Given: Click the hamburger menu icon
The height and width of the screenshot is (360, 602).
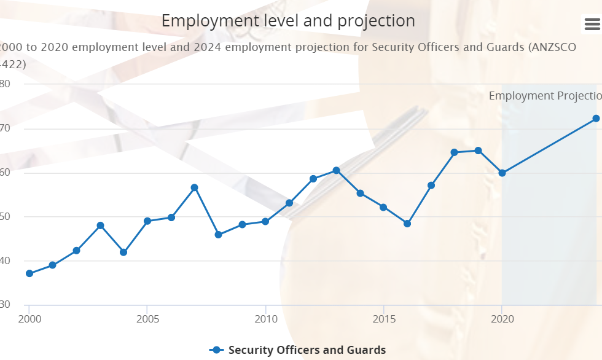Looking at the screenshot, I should coord(592,24).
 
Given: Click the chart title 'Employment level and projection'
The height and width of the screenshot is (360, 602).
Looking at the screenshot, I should coord(288,20).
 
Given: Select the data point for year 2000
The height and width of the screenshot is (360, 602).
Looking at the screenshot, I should coord(29,273).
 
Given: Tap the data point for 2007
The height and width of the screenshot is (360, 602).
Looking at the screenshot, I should coord(194,187).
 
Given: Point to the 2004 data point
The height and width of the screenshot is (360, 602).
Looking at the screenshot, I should coord(123,252).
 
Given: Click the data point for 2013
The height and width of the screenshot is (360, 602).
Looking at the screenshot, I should coord(336,170).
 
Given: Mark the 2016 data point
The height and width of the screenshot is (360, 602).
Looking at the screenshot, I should coord(407,224).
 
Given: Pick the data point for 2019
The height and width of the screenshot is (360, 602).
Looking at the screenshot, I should coord(479,151).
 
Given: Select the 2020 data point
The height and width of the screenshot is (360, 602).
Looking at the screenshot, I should coord(502,173).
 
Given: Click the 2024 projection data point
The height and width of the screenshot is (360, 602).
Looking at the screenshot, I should coord(596,119).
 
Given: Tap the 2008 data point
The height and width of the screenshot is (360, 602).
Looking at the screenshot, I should coord(218,235).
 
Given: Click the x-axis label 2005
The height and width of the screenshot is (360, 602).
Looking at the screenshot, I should coord(147,319).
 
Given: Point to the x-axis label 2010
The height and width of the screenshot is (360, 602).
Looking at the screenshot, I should coord(265,319).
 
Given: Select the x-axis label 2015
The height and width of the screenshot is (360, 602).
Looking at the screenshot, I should coord(384,319).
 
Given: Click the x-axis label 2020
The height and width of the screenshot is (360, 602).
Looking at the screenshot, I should coord(502,319).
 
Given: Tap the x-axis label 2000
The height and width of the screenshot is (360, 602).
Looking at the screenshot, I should coord(29,319).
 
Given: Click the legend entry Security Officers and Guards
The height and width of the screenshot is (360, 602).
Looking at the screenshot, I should coord(307,350).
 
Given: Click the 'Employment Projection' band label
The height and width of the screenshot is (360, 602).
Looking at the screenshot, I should coord(545,96).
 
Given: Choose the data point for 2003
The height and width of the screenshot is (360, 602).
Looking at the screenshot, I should coord(100,225).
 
